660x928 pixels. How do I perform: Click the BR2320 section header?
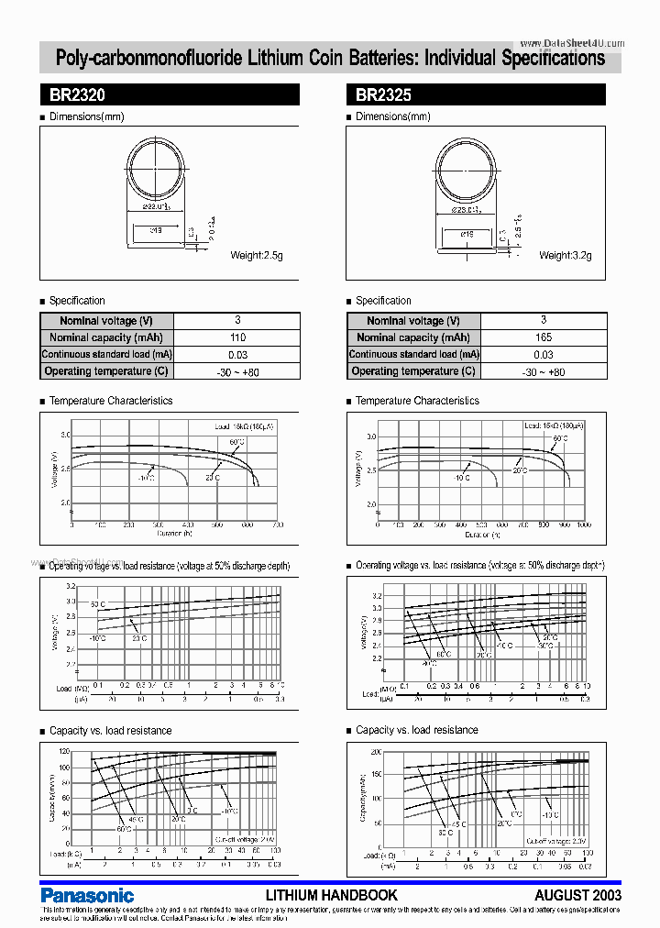coord(169,94)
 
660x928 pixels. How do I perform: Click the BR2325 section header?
coord(475,94)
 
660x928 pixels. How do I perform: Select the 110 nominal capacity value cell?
coord(236,337)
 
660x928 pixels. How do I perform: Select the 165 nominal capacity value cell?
coord(543,337)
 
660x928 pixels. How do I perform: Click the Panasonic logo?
coord(87,894)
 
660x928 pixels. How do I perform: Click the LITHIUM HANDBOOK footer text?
coord(331,894)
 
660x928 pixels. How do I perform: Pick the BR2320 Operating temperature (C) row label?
coord(106,371)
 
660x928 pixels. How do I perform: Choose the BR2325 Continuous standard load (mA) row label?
coord(413,354)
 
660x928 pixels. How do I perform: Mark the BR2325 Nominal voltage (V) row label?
coord(413,321)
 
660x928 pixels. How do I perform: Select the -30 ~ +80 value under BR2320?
coord(236,371)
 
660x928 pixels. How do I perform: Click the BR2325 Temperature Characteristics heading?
coord(417,401)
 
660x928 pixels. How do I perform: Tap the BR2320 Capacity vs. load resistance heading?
coord(110,731)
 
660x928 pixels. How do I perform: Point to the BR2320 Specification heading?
coord(77,301)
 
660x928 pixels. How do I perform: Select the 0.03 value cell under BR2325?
coord(543,354)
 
